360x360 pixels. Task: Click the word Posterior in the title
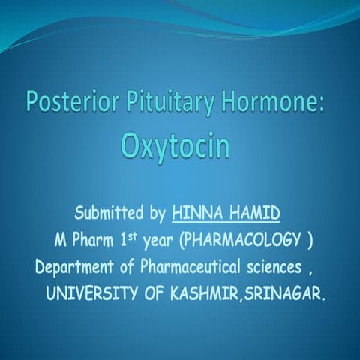tap(61, 100)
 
